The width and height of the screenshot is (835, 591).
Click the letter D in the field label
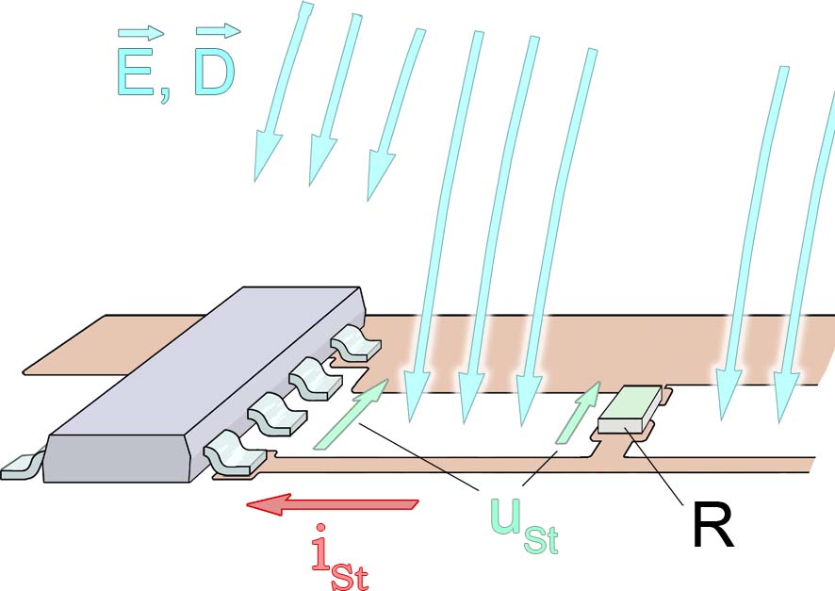213,74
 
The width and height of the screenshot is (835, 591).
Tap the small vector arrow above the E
140,33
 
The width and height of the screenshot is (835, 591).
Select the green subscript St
542,539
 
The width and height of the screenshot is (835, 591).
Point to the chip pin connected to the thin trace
236,452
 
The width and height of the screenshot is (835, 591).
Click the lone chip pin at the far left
21,466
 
